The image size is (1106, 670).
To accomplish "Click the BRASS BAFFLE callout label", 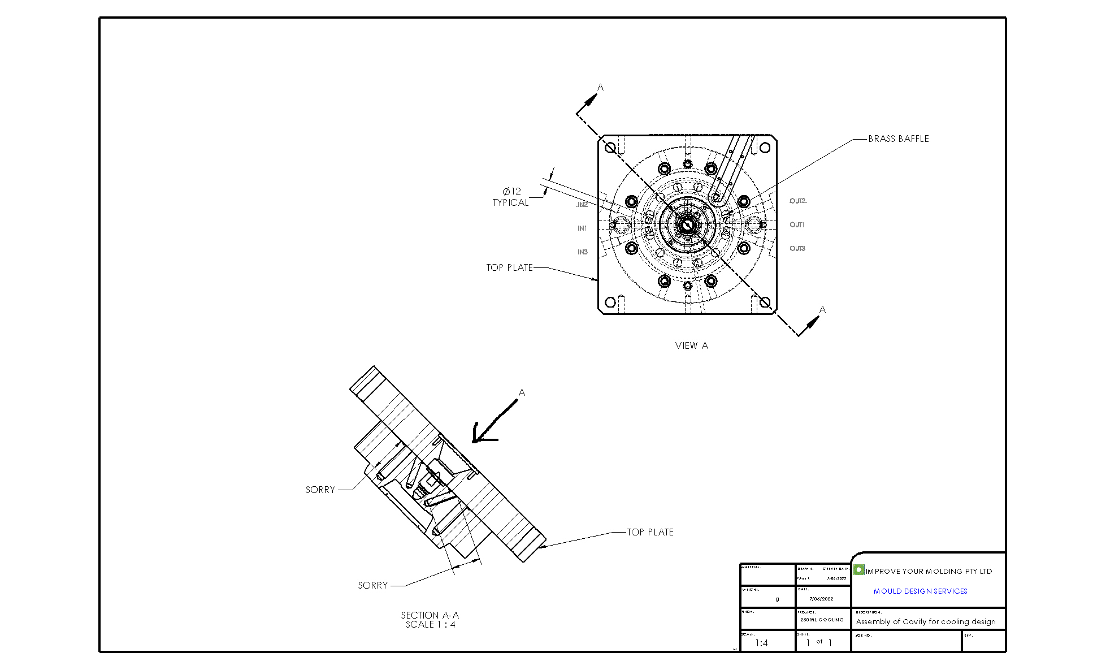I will point(898,139).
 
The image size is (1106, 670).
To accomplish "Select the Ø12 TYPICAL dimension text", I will point(511,197).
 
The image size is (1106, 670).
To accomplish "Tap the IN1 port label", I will point(582,228).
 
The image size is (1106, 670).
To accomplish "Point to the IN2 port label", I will point(582,205).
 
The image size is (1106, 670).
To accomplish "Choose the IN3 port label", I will point(582,252).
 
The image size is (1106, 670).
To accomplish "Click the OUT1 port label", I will point(797,225).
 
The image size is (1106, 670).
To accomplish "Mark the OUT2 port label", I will point(797,201).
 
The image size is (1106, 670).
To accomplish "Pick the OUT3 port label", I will point(797,249).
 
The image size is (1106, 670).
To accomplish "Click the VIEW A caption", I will point(691,345).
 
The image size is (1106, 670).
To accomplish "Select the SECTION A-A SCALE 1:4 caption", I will point(430,620).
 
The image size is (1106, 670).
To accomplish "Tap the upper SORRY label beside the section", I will point(320,490).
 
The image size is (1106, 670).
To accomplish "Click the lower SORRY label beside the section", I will point(373,585).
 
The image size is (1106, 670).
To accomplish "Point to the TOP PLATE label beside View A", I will point(509,267).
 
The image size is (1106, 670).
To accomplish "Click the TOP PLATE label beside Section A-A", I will point(650,532).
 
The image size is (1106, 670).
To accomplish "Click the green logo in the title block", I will point(859,570).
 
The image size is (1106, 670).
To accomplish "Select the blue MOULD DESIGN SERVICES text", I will point(920,591).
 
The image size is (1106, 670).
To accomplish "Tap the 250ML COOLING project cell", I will point(822,620).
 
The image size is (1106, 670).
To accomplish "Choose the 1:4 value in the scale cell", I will point(761,643).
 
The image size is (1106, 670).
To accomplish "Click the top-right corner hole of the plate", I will point(765,148).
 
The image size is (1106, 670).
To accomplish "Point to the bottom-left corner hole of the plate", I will point(610,302).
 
